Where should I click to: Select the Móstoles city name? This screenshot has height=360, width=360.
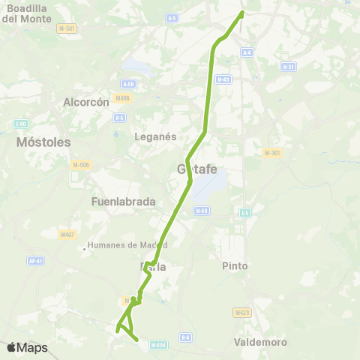pos(43,142)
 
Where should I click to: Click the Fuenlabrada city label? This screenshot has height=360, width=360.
pos(122,202)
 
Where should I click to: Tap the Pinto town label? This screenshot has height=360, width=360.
pos(235,266)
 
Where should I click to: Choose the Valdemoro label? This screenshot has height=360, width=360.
pos(260,342)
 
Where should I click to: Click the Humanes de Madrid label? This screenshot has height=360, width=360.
pos(127,245)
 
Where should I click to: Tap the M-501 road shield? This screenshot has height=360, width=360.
pos(67,28)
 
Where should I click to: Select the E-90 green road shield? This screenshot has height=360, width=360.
pos(21,124)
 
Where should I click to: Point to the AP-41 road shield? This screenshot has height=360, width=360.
pos(35,261)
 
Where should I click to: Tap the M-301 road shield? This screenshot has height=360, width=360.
pos(271,153)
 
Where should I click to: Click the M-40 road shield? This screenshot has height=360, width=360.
pos(223,79)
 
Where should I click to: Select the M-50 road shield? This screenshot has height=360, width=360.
pos(201,211)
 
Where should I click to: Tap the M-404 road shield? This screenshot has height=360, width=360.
pos(157,345)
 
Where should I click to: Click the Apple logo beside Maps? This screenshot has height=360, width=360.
pos(11,348)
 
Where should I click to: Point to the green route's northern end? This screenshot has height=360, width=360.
pos(242,13)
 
